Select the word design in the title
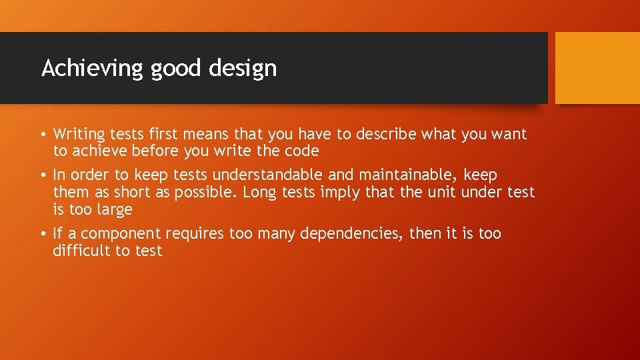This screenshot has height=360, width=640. click(x=245, y=68)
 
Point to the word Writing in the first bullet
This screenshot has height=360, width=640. click(x=78, y=134)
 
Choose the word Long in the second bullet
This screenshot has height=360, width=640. click(x=258, y=192)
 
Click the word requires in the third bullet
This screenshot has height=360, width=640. click(x=195, y=234)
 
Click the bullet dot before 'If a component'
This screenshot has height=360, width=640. click(x=43, y=234)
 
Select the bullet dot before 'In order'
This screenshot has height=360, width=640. click(x=43, y=175)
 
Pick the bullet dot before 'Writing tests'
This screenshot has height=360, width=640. click(x=43, y=135)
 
